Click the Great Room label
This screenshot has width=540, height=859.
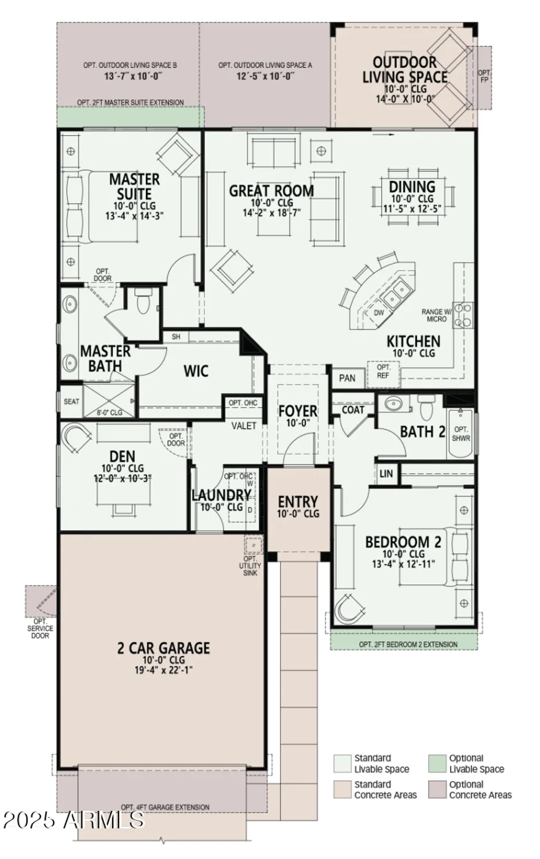point(271,191)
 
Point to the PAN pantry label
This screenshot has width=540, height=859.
point(347,378)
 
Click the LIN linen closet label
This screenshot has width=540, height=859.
point(386,474)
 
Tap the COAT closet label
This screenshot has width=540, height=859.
point(353,410)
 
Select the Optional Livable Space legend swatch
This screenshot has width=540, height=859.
point(437,763)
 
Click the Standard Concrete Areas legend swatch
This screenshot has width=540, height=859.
point(342,790)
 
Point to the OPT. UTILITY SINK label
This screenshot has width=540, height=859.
point(250,566)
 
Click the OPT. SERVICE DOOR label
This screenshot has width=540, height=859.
point(40,628)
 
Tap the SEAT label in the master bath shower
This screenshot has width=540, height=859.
point(72,401)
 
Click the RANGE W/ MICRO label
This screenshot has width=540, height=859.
point(436,315)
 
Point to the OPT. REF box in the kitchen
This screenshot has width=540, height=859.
point(384,371)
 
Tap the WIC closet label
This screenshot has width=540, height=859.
point(196,371)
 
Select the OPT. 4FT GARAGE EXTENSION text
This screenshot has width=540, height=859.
point(165,807)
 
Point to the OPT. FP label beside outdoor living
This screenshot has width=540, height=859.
point(484,77)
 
